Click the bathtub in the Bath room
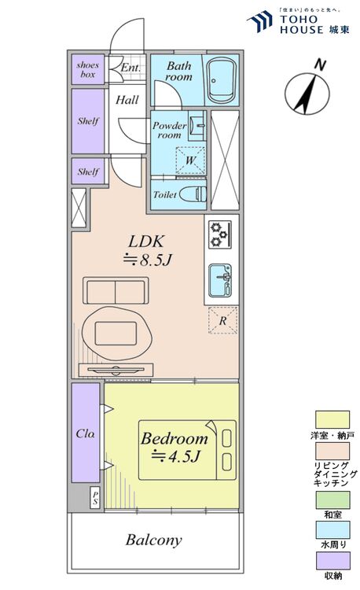(x=222, y=80)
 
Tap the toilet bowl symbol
(x=193, y=194)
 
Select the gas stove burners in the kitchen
(x=220, y=234)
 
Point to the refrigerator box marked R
(x=223, y=320)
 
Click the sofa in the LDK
(x=116, y=290)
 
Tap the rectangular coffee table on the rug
(x=116, y=334)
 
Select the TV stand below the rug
(x=116, y=370)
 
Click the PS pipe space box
(x=95, y=499)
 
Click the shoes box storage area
(x=88, y=69)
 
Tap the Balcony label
(x=154, y=540)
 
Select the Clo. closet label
(x=86, y=433)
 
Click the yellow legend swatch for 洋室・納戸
(x=332, y=419)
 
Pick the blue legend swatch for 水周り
(x=332, y=529)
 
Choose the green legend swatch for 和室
(x=332, y=500)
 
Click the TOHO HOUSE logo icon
(x=260, y=20)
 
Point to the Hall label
(x=127, y=100)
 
